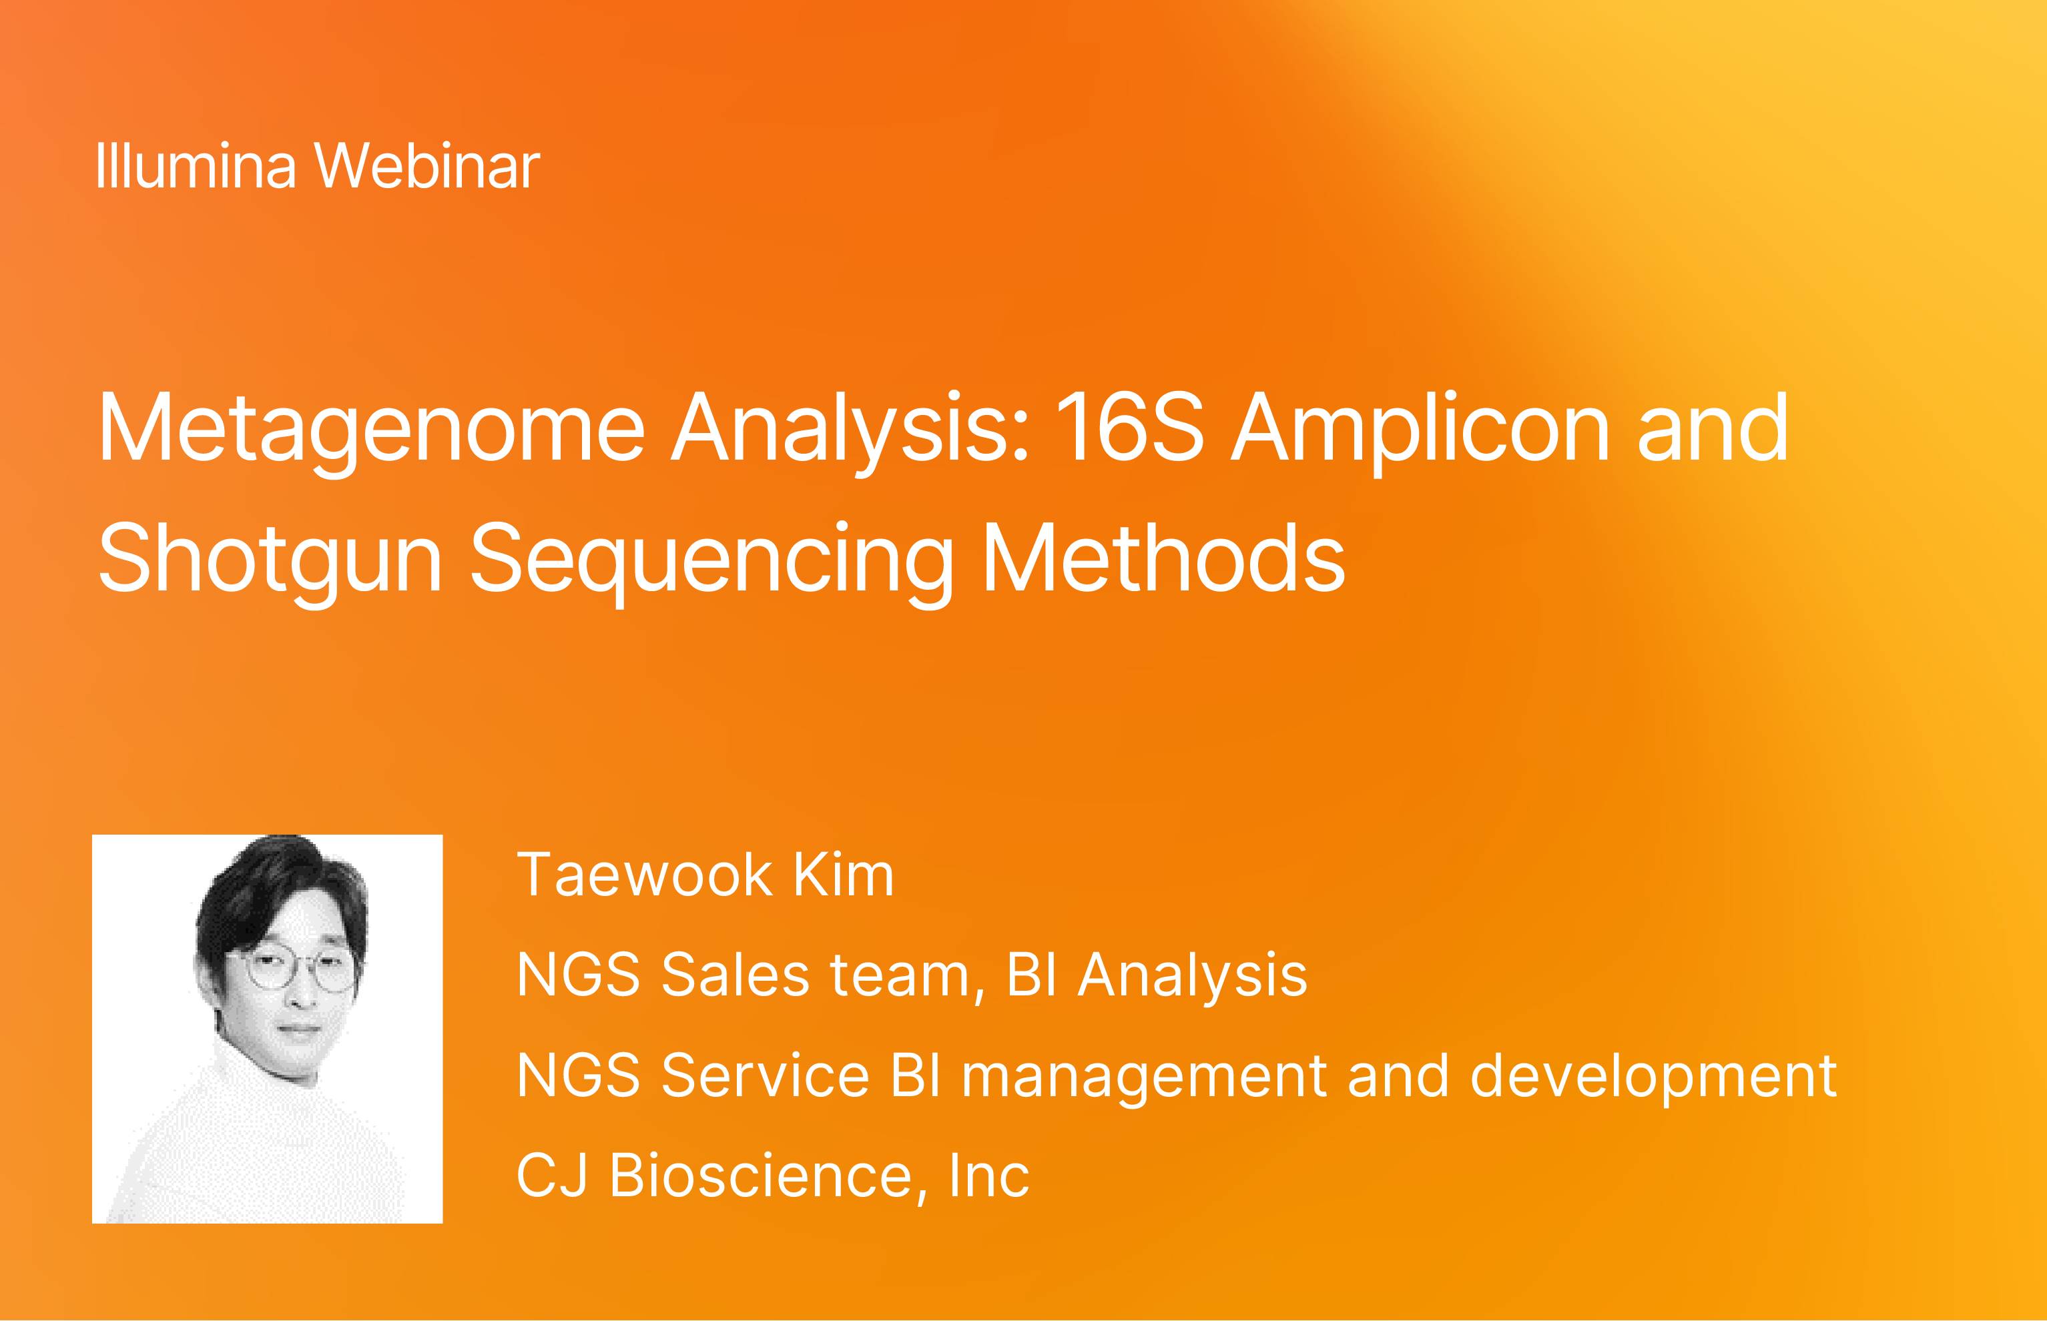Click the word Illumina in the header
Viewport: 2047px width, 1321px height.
(x=196, y=165)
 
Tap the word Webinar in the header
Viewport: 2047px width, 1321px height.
(x=427, y=165)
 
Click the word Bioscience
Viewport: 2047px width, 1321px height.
(x=760, y=1176)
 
